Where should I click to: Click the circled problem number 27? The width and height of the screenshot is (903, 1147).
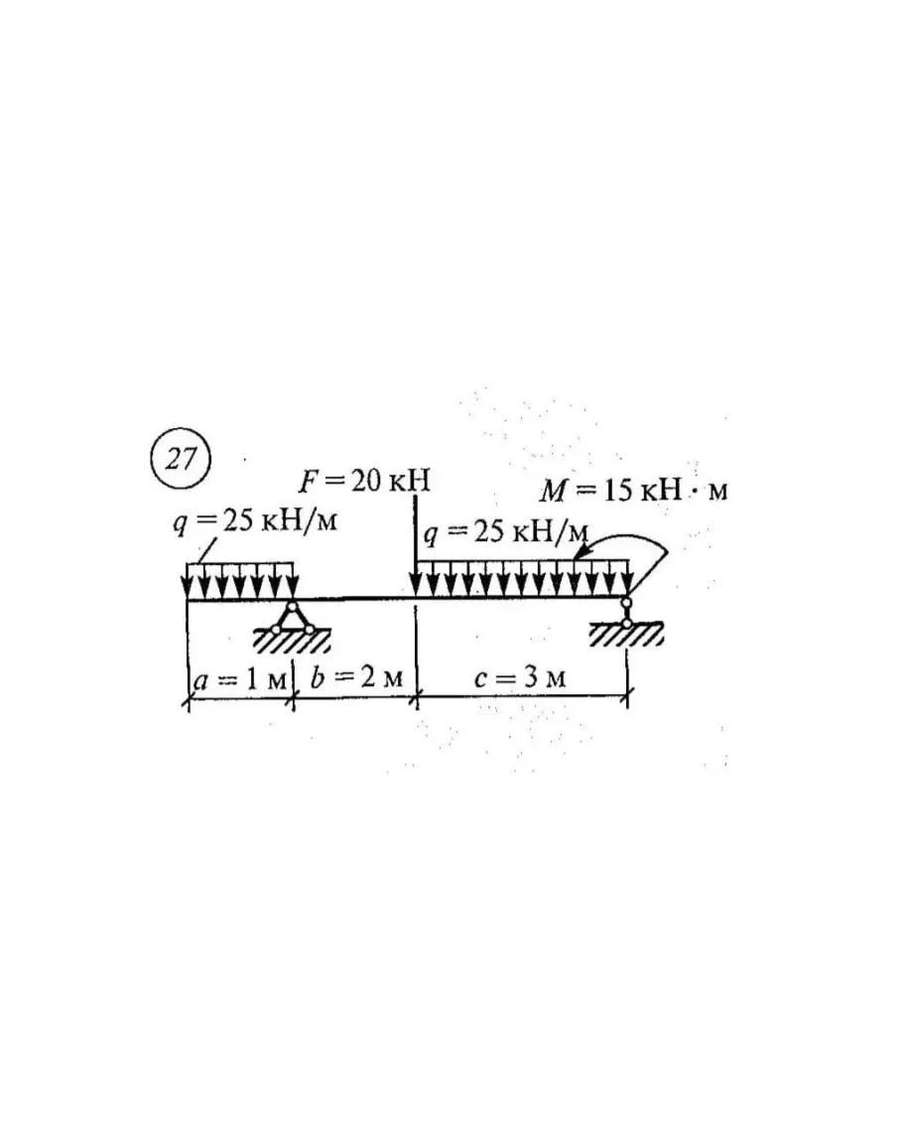click(x=181, y=461)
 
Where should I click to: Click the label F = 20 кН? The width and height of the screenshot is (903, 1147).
click(x=367, y=483)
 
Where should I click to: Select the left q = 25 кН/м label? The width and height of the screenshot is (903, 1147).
click(x=255, y=523)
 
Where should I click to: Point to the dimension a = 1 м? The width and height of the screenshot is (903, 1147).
click(x=239, y=680)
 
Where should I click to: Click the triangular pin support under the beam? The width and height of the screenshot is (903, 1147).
click(x=292, y=619)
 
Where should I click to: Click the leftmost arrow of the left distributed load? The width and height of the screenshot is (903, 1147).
click(x=189, y=582)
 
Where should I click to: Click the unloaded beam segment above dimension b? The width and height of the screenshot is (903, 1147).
click(x=353, y=599)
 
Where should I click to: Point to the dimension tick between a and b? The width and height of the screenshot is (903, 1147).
click(x=293, y=701)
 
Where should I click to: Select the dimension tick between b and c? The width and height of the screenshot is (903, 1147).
click(x=416, y=701)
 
